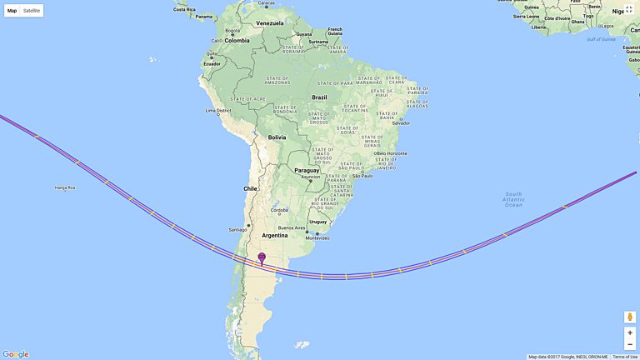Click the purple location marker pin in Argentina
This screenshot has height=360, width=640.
pyautogui.click(x=262, y=258)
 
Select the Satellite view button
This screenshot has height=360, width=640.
pyautogui.click(x=32, y=11)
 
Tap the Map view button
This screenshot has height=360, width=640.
pyautogui.click(x=12, y=11)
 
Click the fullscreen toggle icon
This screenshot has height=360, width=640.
pyautogui.click(x=629, y=10)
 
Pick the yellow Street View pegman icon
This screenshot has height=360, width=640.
pyautogui.click(x=629, y=317)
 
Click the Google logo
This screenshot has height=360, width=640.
pyautogui.click(x=15, y=354)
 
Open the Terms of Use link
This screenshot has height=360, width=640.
pyautogui.click(x=625, y=357)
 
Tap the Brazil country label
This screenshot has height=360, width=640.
pyautogui.click(x=319, y=97)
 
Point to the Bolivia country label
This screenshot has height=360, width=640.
pyautogui.click(x=277, y=137)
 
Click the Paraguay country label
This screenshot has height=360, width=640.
pyautogui.click(x=307, y=170)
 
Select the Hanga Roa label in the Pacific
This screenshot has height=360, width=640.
pyautogui.click(x=65, y=187)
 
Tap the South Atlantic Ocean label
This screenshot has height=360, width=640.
pyautogui.click(x=513, y=199)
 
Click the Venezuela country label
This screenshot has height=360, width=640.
pyautogui.click(x=270, y=22)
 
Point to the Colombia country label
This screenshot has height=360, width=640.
pyautogui.click(x=237, y=40)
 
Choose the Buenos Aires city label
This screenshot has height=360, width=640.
pyautogui.click(x=292, y=227)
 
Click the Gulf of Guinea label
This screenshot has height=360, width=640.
pyautogui.click(x=600, y=39)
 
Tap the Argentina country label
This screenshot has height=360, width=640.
pyautogui.click(x=275, y=235)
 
